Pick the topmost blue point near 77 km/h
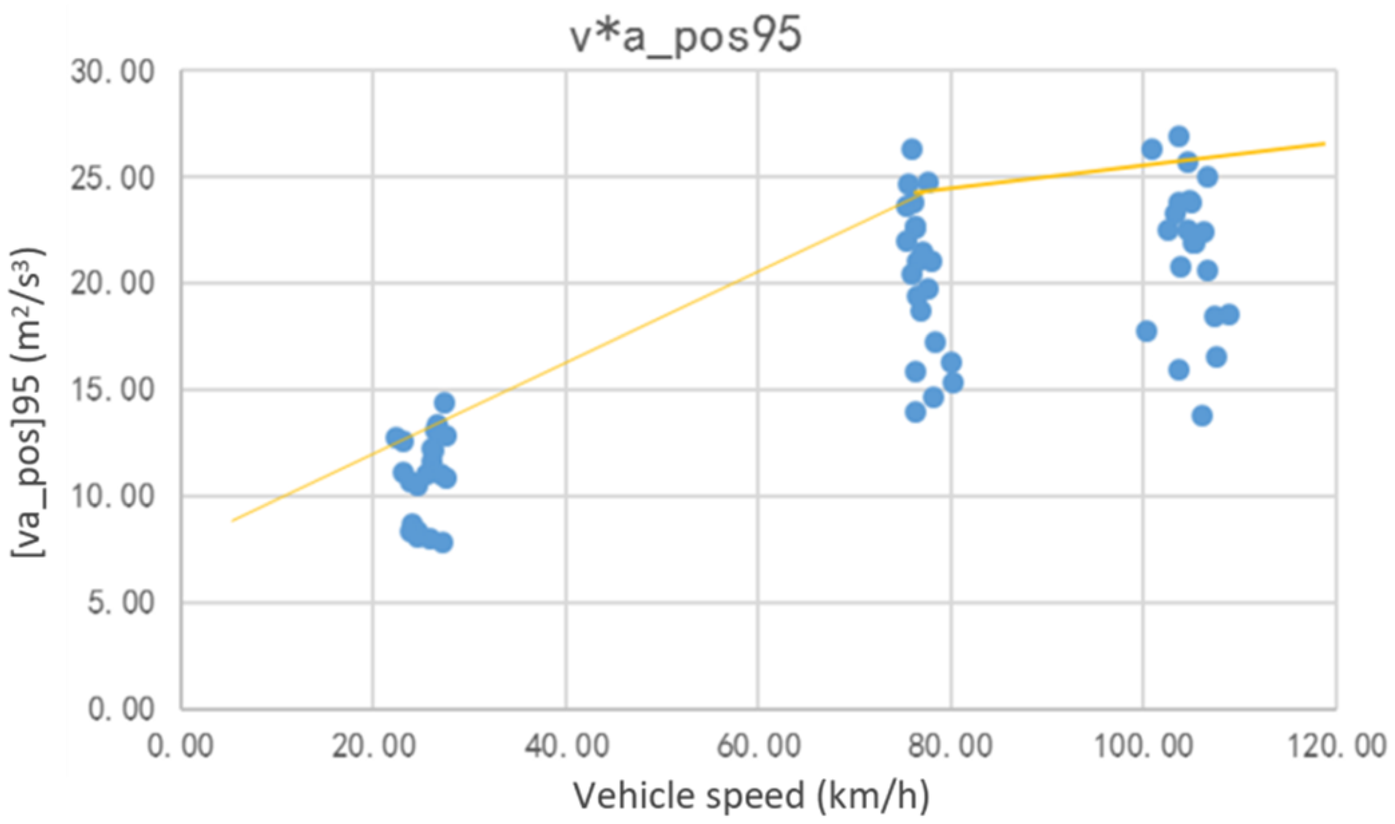(912, 149)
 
